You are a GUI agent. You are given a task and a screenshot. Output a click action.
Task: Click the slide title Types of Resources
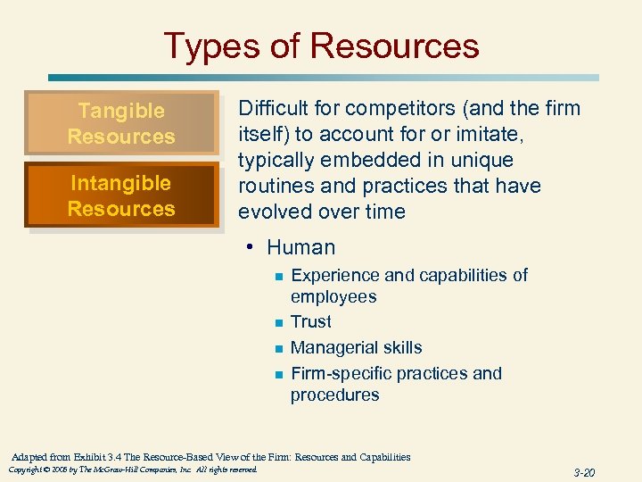[x=321, y=46]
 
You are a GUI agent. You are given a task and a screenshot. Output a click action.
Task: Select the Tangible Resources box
[x=121, y=124]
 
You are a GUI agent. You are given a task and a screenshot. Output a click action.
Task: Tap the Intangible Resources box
[x=121, y=196]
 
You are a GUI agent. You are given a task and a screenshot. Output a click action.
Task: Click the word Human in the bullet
[x=300, y=248]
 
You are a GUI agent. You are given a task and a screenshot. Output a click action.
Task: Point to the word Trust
[x=310, y=322]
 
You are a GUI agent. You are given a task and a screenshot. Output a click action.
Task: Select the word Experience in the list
[x=336, y=275]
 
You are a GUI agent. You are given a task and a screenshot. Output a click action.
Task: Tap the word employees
[x=333, y=297]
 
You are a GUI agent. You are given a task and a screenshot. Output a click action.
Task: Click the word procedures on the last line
[x=334, y=395]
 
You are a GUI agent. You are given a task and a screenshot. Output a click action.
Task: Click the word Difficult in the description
[x=270, y=109]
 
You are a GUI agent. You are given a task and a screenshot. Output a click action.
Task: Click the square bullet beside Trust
[x=278, y=323]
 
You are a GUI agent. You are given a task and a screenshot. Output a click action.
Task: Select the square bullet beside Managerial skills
[x=278, y=349]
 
